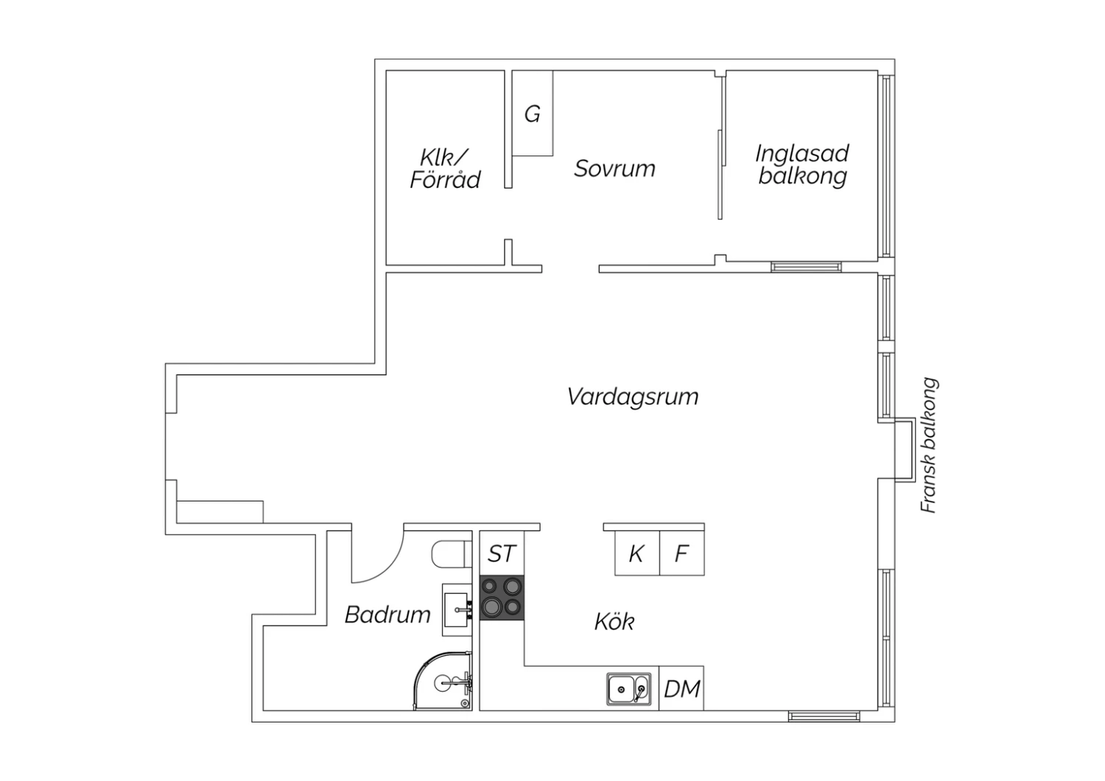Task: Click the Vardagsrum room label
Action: pos(633,397)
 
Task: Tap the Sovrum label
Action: pos(614,169)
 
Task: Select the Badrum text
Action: pos(387,614)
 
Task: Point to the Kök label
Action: pos(614,622)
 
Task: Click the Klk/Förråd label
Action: pos(445,169)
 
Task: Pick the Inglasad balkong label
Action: pos(802,165)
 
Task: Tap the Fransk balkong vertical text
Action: pos(929,446)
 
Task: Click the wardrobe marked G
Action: pos(533,113)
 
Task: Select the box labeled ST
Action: pos(502,553)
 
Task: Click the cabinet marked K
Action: pos(637,553)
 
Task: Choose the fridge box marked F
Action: pos(681,553)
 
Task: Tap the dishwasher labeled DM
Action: pos(681,689)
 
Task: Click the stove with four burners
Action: pos(502,598)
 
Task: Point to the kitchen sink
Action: pos(629,689)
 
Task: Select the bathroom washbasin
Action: pos(457,610)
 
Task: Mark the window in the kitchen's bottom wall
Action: pos(824,716)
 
